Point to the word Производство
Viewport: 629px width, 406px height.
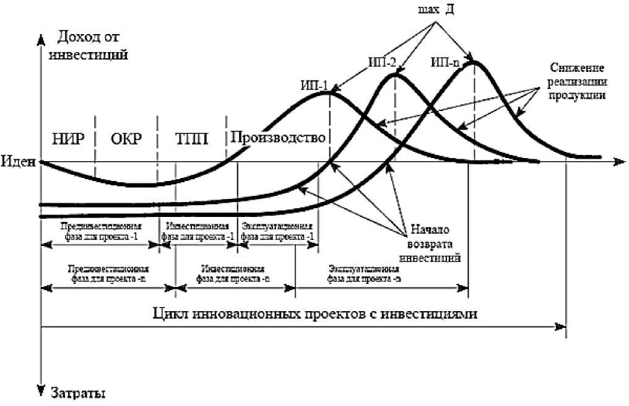pyautogui.click(x=278, y=137)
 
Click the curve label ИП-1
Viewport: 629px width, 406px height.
pyautogui.click(x=313, y=86)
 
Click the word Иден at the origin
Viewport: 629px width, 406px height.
pyautogui.click(x=20, y=162)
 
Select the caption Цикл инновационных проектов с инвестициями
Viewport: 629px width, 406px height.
pyautogui.click(x=315, y=312)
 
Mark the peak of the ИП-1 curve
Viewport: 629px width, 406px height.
pyautogui.click(x=329, y=93)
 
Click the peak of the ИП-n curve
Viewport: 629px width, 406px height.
pyautogui.click(x=474, y=61)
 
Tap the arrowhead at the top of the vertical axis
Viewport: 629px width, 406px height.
pyautogui.click(x=41, y=39)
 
